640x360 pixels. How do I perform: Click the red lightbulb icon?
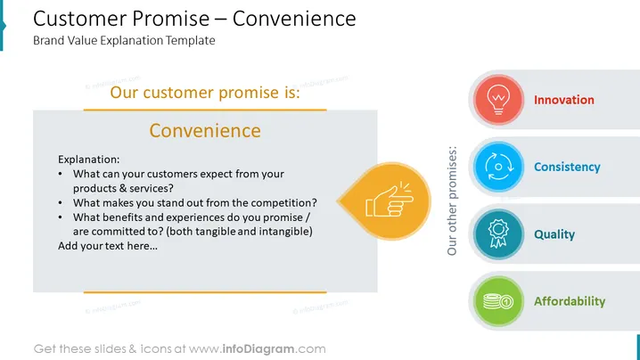498,100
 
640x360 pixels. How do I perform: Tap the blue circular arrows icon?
498,167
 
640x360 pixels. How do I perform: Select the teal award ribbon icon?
498,233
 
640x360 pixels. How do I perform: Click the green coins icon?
498,301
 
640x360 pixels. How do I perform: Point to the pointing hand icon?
390,200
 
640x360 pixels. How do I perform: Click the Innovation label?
564,100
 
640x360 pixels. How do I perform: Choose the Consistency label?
567,167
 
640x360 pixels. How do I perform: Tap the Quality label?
554,234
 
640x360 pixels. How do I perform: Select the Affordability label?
570,301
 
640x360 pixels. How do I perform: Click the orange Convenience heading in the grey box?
205,131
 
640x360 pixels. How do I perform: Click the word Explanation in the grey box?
87,160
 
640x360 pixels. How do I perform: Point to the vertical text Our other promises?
452,200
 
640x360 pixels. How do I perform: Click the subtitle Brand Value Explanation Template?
124,40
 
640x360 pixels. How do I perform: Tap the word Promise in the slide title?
170,19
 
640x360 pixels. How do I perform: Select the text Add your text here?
108,246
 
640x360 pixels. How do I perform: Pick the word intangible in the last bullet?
285,232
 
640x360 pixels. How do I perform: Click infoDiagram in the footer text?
258,349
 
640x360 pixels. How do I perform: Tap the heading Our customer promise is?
205,93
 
